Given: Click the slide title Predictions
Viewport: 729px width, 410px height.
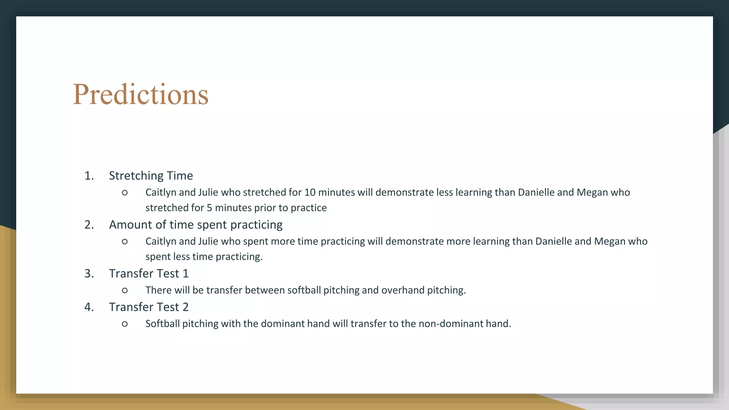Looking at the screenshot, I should click(141, 94).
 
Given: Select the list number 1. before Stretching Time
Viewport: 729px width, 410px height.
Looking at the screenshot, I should click(89, 176).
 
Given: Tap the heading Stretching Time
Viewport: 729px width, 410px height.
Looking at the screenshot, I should click(151, 176).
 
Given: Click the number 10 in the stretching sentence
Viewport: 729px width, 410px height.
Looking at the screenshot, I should click(310, 193).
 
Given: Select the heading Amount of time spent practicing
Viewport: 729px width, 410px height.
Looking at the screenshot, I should click(195, 225).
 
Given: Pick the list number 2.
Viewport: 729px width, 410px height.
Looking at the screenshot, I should click(89, 225).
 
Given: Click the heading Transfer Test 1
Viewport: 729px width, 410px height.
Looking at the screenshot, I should click(148, 274).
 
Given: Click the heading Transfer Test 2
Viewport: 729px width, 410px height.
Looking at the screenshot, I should click(148, 307).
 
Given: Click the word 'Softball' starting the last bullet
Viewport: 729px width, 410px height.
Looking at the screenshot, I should click(162, 324).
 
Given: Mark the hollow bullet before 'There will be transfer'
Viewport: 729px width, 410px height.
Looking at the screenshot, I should click(125, 290).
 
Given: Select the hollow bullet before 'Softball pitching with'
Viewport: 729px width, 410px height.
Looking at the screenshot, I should click(125, 324).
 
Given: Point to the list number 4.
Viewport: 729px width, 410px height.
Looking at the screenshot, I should click(89, 307).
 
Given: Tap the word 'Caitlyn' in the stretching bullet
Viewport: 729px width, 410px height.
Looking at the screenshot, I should click(161, 193).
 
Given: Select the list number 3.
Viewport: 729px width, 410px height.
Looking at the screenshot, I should click(89, 274).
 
